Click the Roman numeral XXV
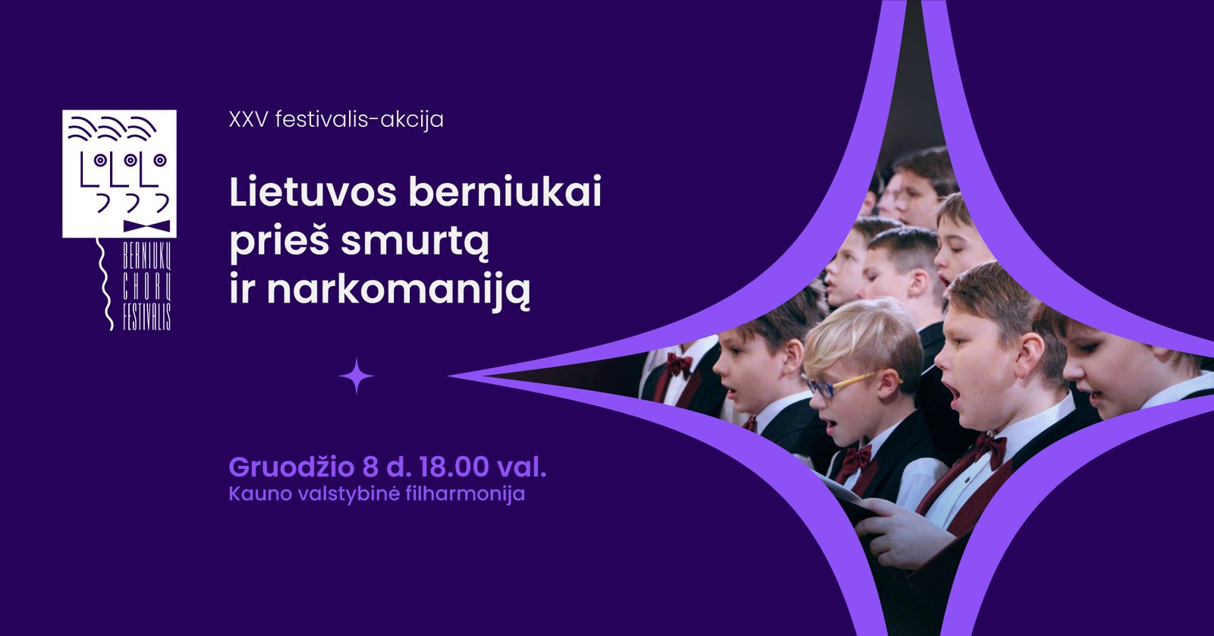pos(248,119)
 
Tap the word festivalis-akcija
pos(360,119)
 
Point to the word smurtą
pos(415,242)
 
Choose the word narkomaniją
pos(398,291)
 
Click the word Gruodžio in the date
pos(291,468)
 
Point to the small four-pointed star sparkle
pos(356,376)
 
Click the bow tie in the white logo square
pos(146,226)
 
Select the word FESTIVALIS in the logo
pos(146,316)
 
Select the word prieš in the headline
pos(279,242)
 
